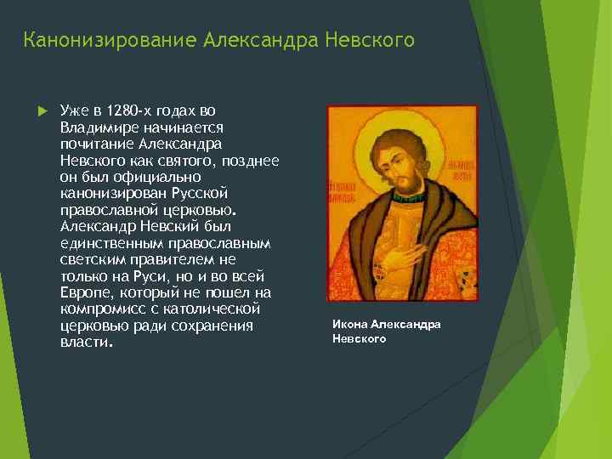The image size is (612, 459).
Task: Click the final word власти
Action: [85, 343]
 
